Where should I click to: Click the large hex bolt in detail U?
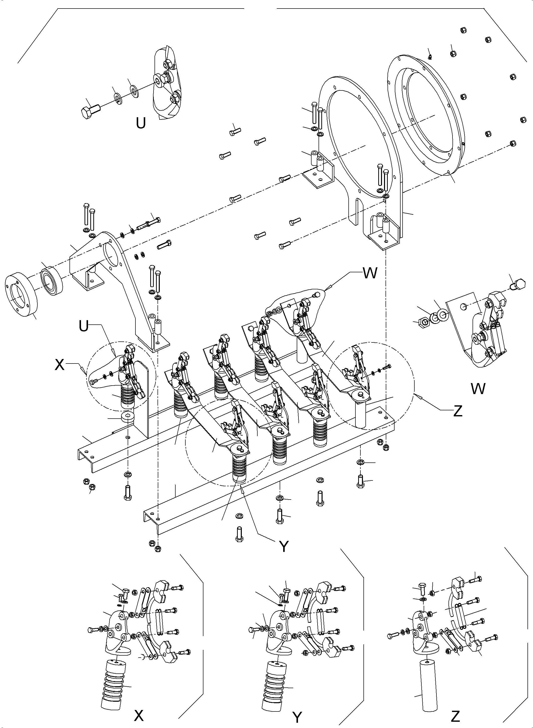pyautogui.click(x=90, y=111)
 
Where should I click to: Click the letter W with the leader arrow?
pyautogui.click(x=370, y=274)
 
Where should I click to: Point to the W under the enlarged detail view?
pyautogui.click(x=478, y=389)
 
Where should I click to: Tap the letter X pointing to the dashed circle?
pyautogui.click(x=60, y=365)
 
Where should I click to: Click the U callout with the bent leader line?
pyautogui.click(x=84, y=326)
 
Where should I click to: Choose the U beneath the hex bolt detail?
pyautogui.click(x=141, y=123)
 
